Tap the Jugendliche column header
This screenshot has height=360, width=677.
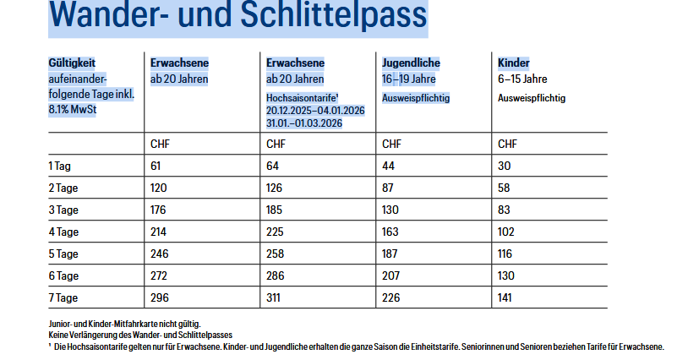[411, 63]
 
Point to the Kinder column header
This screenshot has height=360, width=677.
[514, 63]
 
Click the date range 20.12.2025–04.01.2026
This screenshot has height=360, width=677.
[315, 111]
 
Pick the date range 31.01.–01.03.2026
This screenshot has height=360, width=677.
[304, 123]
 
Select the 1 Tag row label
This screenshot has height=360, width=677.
[60, 166]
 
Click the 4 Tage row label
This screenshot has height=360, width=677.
[63, 232]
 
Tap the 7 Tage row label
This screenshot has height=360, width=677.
[63, 297]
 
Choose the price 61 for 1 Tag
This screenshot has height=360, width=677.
[156, 166]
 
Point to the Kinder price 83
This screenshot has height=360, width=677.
[505, 210]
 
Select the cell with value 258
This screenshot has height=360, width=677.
[276, 254]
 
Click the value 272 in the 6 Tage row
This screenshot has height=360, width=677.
[159, 275]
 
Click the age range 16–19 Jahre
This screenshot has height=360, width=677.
[408, 79]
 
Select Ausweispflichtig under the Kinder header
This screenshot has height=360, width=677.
[532, 98]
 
